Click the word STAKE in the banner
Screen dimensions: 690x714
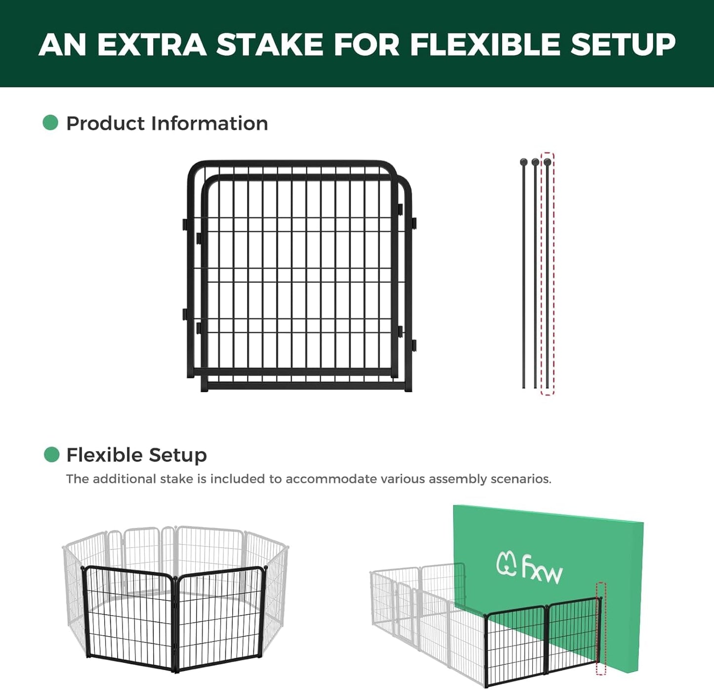[x=270, y=45]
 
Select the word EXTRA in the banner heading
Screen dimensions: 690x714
[x=152, y=45]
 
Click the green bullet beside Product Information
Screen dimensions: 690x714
[x=50, y=123]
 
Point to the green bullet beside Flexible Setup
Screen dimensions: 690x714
[x=51, y=454]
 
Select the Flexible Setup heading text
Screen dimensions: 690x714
[x=136, y=455]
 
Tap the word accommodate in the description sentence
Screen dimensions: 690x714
[x=331, y=479]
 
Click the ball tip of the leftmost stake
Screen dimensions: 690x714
[x=524, y=162]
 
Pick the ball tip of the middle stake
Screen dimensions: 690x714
[x=535, y=162]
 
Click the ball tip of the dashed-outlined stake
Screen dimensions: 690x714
[x=547, y=162]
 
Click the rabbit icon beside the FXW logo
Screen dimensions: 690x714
[x=506, y=564]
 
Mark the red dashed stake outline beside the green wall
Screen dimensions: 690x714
[x=600, y=628]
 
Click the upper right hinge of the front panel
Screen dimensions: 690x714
[x=414, y=224]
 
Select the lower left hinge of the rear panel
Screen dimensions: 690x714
[x=184, y=314]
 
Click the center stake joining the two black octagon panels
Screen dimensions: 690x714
[x=174, y=623]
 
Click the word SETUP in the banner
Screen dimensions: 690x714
[x=623, y=45]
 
